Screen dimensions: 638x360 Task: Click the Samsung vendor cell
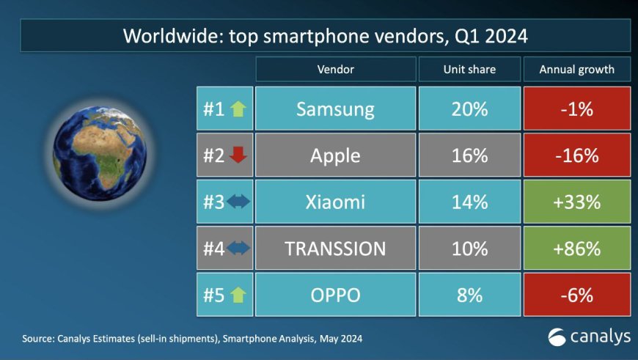coord(335,109)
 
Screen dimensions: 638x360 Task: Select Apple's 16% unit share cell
coord(469,155)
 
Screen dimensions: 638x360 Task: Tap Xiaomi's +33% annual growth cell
coord(577,202)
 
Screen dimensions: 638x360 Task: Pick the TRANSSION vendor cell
coord(335,248)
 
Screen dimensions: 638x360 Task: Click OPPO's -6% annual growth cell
coord(577,295)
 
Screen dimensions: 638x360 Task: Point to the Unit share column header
coord(469,69)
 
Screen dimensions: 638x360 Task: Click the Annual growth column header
coord(577,69)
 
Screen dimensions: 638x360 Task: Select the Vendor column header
coord(335,69)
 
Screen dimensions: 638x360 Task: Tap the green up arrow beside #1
coord(238,109)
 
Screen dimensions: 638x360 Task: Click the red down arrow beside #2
coord(238,155)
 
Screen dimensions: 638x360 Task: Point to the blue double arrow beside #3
coord(238,202)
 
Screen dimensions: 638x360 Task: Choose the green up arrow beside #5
coord(238,295)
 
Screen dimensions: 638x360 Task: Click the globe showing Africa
coord(100,153)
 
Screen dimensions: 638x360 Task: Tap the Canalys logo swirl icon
coord(557,337)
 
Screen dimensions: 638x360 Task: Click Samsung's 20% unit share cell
coord(469,109)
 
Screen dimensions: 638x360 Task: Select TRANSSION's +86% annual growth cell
coord(577,248)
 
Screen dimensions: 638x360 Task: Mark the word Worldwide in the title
coord(173,36)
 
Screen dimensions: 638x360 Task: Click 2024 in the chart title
coord(506,36)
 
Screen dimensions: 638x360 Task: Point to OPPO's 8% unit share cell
coord(469,295)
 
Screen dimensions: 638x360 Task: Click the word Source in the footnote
coord(38,339)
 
